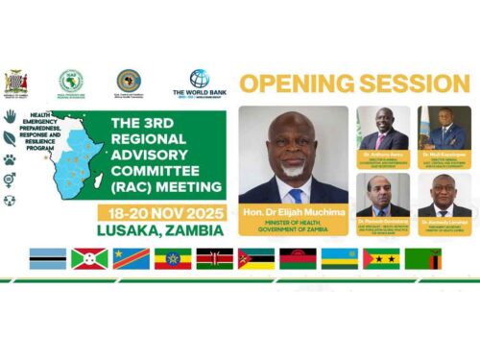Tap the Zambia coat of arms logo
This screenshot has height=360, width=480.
point(17,82)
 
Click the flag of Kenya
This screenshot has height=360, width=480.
point(214,258)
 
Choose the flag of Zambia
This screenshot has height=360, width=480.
point(421,258)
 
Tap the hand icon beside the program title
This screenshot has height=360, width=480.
point(10,115)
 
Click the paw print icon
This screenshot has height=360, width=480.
point(10,160)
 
